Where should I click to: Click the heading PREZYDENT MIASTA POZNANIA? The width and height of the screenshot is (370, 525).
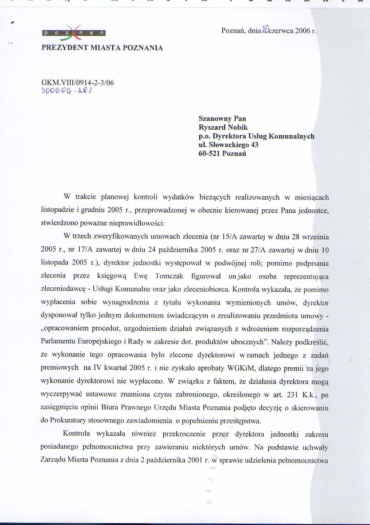point(102,48)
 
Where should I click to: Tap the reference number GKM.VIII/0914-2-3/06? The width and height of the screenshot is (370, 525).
point(78,83)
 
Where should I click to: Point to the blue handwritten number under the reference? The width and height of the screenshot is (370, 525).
point(67,91)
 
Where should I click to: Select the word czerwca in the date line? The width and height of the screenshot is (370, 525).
point(280,31)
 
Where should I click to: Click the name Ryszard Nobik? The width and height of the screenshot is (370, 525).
point(223,127)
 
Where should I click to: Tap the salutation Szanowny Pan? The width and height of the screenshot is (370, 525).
point(222,118)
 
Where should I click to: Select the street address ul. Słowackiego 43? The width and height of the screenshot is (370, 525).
point(228,145)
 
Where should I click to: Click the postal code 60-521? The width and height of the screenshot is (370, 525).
point(209,153)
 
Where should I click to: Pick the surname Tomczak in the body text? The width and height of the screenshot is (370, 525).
point(169,276)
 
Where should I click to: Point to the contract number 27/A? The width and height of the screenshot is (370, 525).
point(258,250)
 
